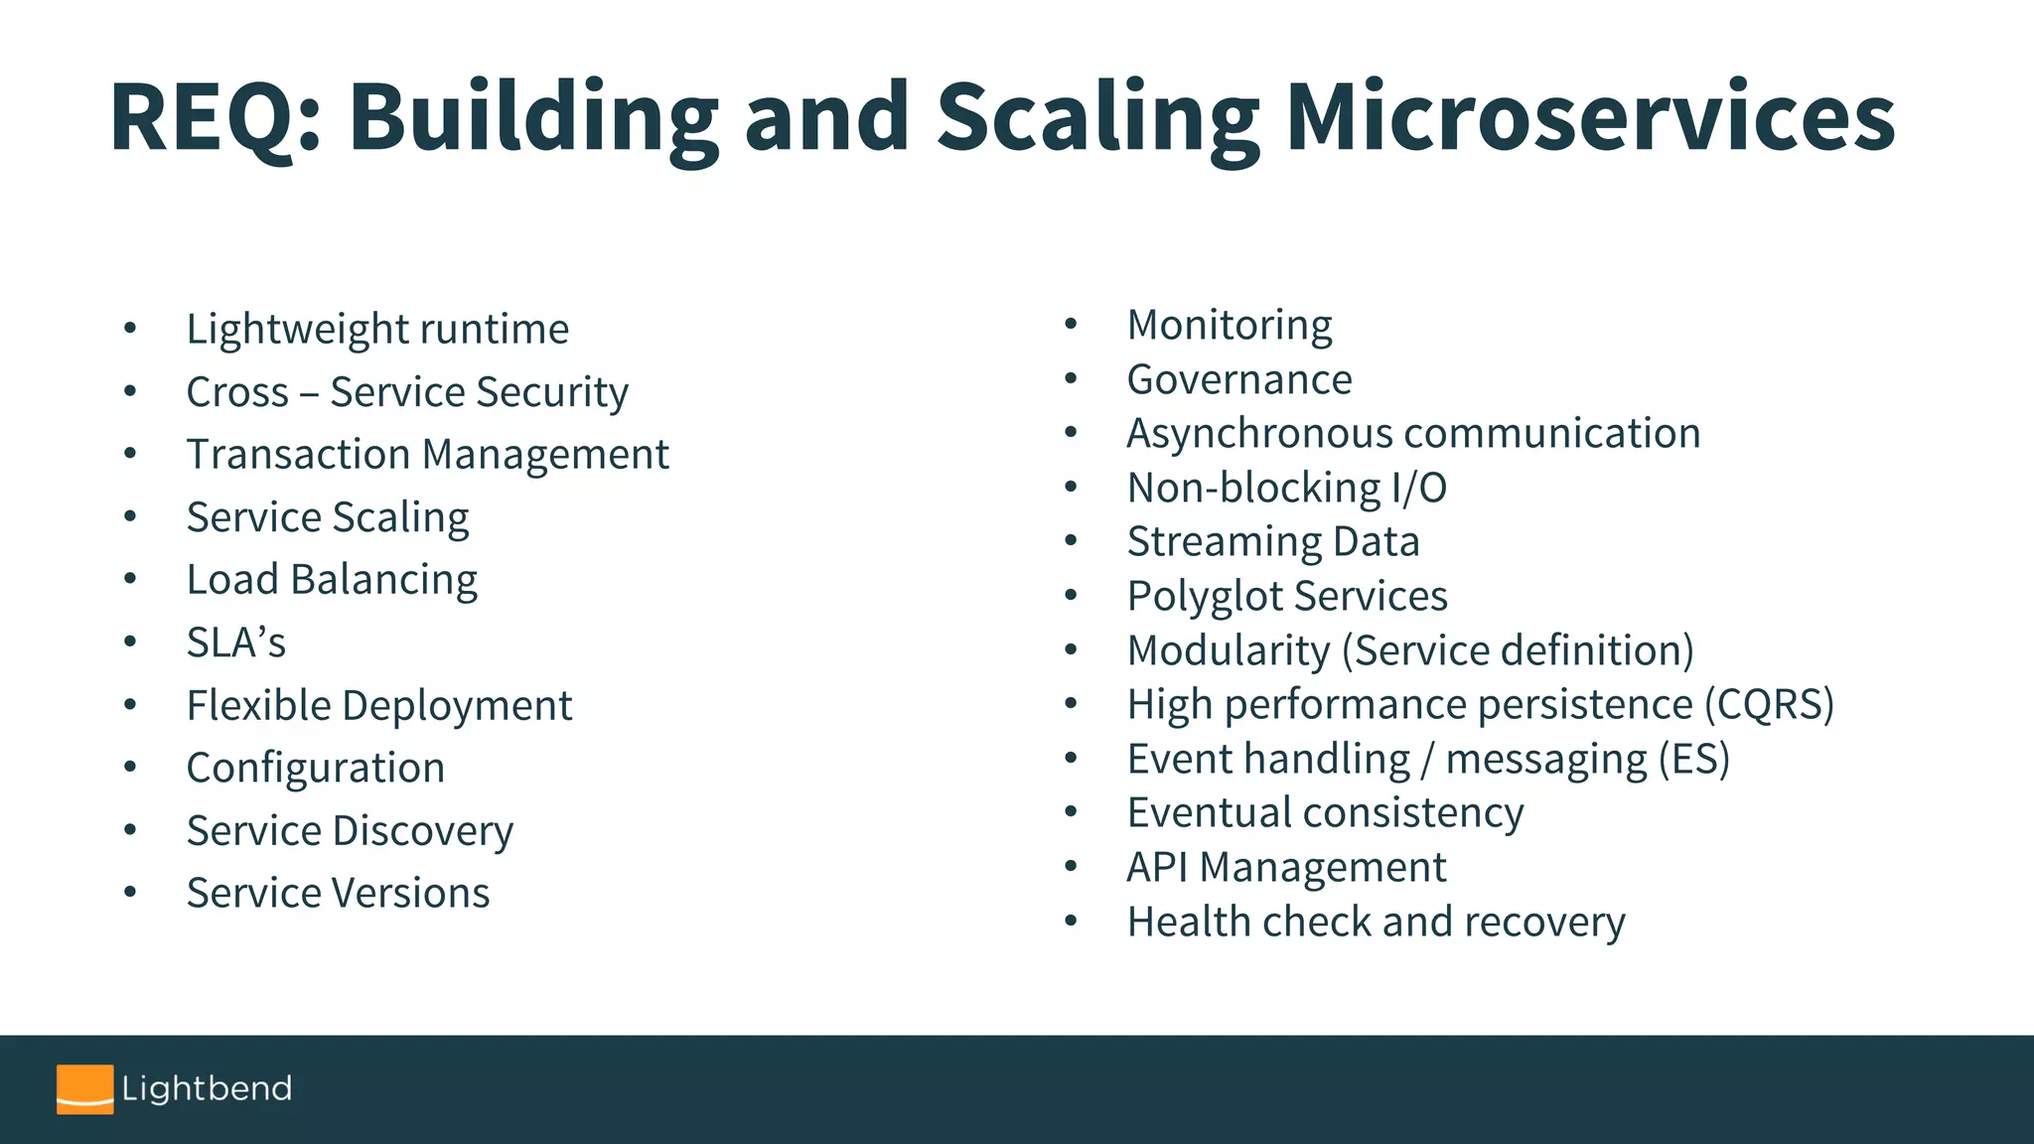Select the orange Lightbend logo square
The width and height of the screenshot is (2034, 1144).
pos(84,1088)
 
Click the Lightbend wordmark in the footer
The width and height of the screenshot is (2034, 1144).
pos(207,1088)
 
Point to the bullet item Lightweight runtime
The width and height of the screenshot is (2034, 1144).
pos(377,329)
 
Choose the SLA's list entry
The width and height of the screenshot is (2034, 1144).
pos(236,643)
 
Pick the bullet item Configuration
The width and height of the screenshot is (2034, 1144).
pos(316,768)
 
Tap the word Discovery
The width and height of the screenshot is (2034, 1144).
pos(423,831)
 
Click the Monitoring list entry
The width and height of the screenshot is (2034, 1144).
pos(1230,325)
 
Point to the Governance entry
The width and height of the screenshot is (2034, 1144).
pos(1239,379)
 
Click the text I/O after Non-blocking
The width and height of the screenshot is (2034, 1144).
pos(1418,488)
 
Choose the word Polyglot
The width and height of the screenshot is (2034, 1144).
pos(1205,597)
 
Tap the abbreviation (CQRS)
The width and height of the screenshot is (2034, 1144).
pos(1769,704)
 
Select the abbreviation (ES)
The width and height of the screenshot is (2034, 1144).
pos(1694,759)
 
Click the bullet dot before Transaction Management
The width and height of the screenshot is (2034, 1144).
pos(130,454)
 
